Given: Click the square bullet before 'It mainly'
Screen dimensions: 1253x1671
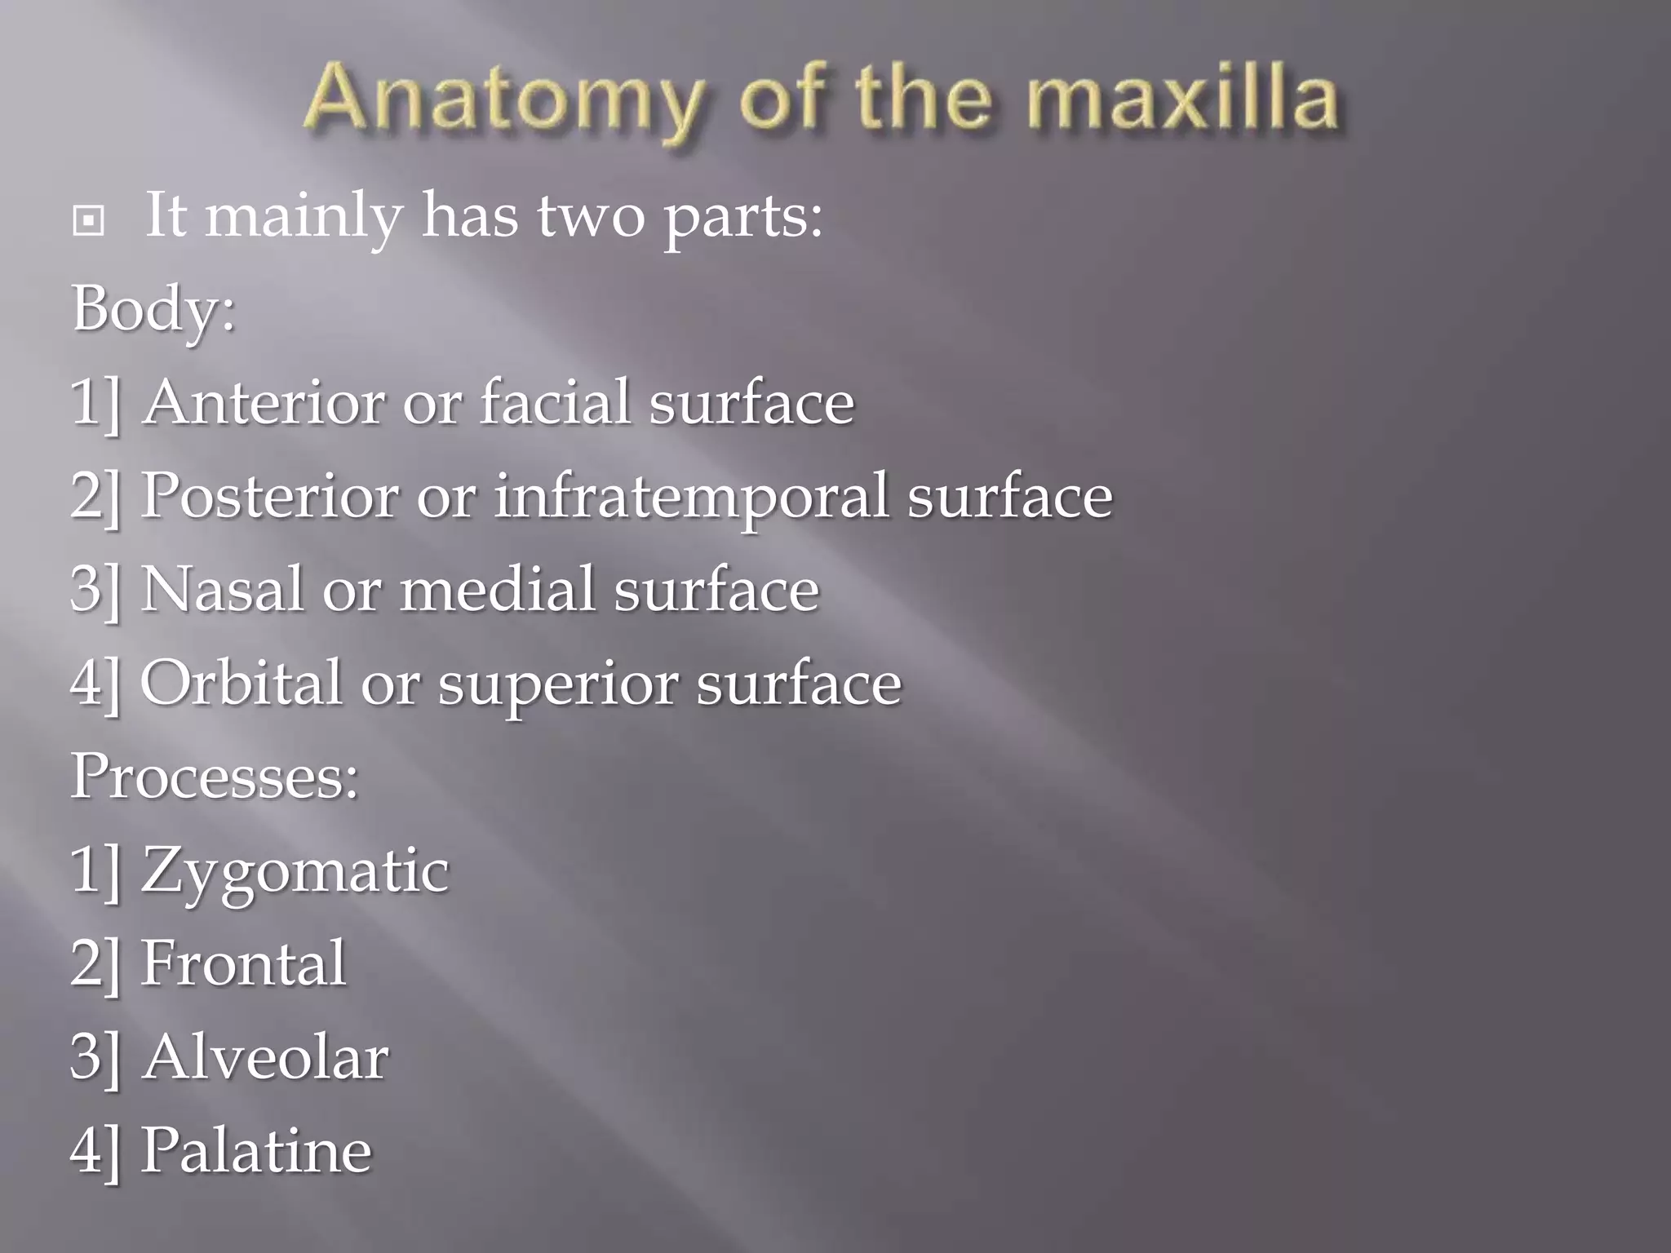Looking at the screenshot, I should point(88,220).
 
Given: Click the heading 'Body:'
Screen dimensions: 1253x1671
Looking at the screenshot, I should point(153,310).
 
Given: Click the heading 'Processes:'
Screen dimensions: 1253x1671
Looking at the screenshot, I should point(215,776).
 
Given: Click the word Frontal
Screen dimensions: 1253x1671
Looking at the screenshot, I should point(243,963).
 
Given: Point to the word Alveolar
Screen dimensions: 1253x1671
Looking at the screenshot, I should point(265,1057).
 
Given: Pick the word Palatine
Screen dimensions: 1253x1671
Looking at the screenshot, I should point(256,1150).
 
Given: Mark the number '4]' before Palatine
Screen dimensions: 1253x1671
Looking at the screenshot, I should point(95,1151).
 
